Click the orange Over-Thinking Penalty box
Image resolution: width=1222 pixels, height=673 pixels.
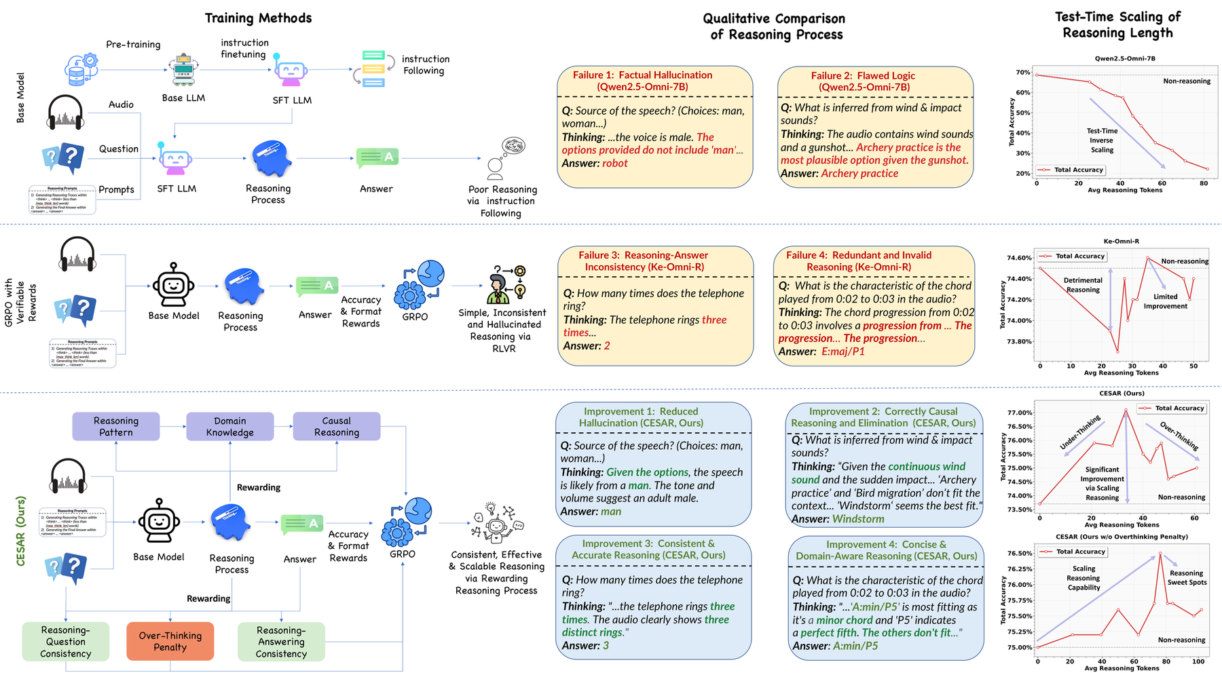170,641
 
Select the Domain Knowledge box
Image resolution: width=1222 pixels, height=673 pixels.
230,427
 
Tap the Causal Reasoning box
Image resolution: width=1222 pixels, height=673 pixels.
337,427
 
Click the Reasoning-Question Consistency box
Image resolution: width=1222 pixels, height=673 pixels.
66,641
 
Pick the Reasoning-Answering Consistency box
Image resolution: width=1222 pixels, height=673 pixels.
281,641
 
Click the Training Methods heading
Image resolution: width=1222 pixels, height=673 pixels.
258,18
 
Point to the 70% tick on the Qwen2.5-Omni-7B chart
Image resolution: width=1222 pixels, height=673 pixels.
1022,72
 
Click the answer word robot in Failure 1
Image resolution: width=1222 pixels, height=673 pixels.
614,164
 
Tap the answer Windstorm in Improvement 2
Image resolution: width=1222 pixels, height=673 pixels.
858,519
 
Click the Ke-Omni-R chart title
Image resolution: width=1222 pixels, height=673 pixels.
1121,242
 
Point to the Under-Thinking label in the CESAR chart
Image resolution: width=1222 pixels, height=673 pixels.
1080,432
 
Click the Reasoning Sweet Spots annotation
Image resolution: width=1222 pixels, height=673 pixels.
1187,577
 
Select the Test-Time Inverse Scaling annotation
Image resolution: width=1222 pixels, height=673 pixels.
1102,140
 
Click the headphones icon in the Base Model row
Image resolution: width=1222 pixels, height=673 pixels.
66,113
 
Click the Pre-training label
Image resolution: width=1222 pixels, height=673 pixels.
133,45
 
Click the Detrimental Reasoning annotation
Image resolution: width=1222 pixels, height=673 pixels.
1083,285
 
